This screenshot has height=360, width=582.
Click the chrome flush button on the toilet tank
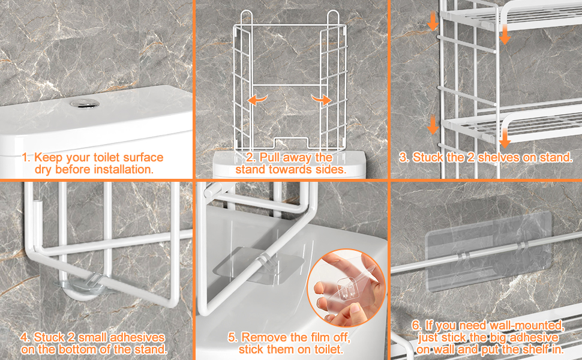click(x=85, y=104)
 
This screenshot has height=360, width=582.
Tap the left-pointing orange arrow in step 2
click(x=257, y=99)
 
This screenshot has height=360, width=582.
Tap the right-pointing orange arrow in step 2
click(x=321, y=99)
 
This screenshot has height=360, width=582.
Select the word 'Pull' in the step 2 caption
click(x=269, y=158)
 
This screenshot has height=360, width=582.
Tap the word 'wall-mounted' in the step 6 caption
click(x=527, y=325)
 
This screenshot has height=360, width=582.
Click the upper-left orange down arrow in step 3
click(x=433, y=21)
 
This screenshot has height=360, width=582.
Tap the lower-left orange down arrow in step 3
click(x=433, y=125)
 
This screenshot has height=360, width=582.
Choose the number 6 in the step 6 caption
click(x=416, y=325)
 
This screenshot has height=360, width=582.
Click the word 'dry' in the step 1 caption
click(x=43, y=170)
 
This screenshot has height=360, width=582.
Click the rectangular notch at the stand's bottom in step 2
click(x=291, y=142)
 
